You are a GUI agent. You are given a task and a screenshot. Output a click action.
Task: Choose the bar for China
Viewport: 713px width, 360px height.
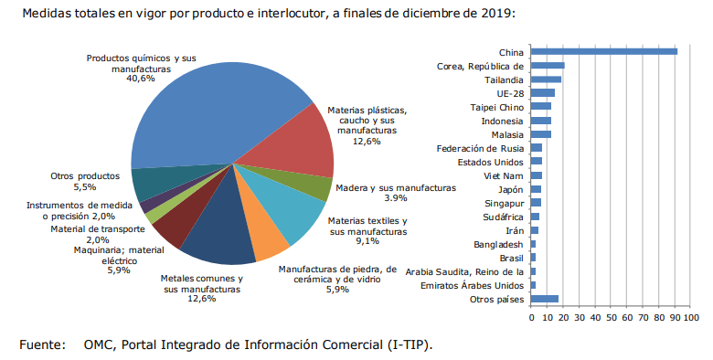604,52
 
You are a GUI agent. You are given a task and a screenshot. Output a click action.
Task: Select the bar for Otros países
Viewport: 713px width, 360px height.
544,299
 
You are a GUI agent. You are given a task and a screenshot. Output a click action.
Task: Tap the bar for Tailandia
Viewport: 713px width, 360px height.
546,79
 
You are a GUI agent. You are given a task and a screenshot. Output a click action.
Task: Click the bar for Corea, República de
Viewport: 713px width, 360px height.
548,66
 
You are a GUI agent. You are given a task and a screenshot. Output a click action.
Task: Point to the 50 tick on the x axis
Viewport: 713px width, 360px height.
611,318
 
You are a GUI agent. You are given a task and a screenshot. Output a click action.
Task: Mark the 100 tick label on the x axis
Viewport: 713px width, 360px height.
691,318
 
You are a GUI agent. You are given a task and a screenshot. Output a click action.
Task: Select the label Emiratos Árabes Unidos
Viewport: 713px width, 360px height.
472,285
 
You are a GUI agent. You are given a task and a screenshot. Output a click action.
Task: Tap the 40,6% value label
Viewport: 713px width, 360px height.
141,79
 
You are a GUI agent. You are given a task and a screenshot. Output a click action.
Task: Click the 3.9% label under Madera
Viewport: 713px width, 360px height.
396,198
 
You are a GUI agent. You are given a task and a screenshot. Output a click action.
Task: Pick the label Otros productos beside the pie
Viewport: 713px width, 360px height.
85,176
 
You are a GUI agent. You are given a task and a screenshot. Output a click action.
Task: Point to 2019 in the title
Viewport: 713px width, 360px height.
496,13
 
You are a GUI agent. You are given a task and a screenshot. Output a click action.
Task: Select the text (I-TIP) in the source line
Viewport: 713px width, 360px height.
410,345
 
